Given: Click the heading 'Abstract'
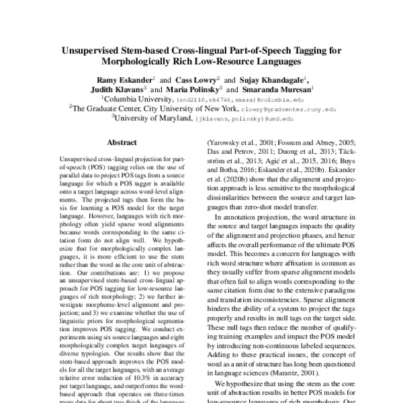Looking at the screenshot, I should [x=122, y=142].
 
